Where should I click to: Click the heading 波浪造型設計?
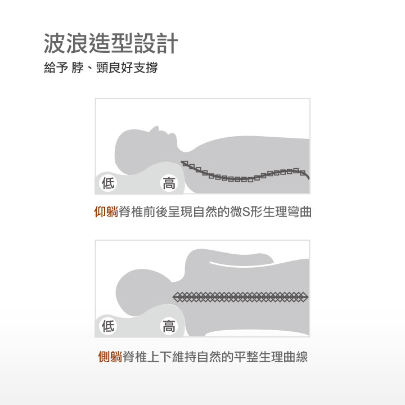coord(111,43)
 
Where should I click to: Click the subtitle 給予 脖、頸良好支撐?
coord(101,67)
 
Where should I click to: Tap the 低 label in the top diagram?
coord(108,183)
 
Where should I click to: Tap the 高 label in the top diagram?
coord(169,183)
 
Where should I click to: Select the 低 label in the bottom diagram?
coord(108,326)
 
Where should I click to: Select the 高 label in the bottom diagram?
coord(169,326)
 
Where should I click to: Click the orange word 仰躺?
coord(106,212)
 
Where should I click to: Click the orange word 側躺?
coord(110,357)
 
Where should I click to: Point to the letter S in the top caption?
coord(246,212)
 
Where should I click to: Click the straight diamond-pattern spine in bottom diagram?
coord(240,297)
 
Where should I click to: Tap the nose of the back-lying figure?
coord(156,128)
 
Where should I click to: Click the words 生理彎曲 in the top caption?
coord(287,212)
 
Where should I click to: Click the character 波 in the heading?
coord(55,43)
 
